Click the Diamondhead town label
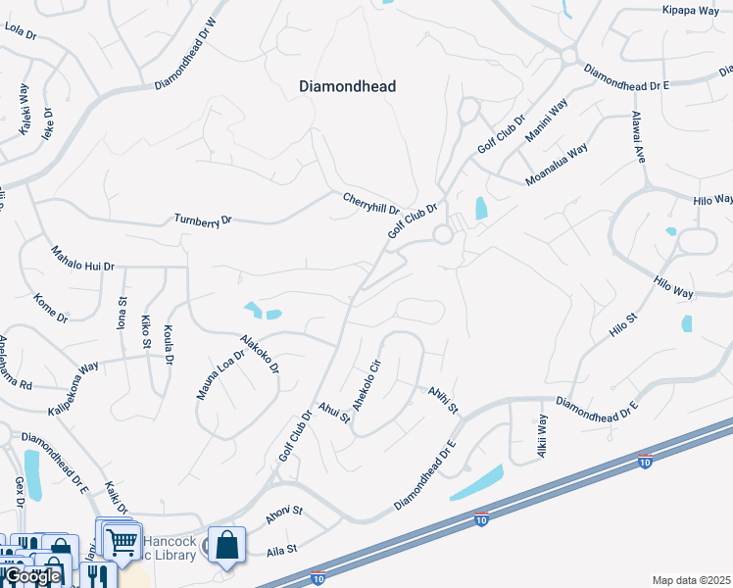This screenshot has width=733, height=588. point(347,86)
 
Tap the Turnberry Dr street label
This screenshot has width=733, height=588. point(203,220)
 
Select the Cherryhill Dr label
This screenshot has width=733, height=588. point(370,203)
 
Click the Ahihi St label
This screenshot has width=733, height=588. point(442,399)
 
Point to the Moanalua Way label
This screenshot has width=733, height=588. point(556,165)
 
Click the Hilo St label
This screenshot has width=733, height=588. point(623,325)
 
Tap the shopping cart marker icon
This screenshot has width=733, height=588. point(122,540)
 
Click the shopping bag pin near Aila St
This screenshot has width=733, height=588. point(226,545)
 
